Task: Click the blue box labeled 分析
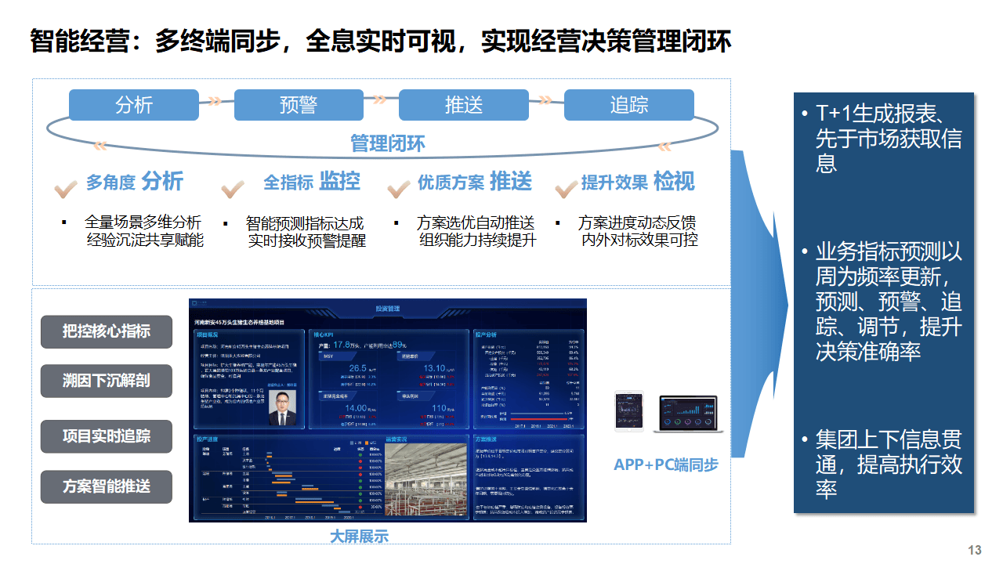(133, 105)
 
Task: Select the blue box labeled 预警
(299, 105)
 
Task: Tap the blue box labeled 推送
(464, 105)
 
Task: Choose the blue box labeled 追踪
(628, 105)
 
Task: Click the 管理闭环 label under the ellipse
(388, 143)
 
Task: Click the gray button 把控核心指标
(107, 331)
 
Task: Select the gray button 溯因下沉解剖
(107, 381)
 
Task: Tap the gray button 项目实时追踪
(107, 436)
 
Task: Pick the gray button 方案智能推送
(107, 486)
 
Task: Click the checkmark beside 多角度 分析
(64, 188)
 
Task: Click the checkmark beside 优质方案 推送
(399, 189)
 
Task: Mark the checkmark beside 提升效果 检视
(566, 189)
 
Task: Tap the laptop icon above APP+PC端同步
(688, 414)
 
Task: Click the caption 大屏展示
(359, 537)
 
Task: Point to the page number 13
(975, 550)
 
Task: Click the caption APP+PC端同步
(666, 465)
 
